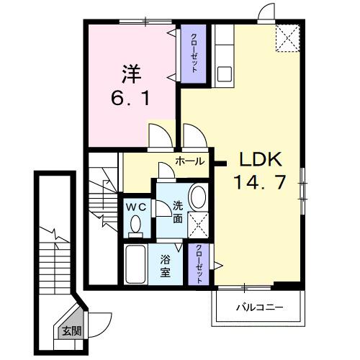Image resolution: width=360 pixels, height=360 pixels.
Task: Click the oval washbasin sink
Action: tap(198, 199)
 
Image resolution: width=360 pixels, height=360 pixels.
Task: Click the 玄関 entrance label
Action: tap(71, 332)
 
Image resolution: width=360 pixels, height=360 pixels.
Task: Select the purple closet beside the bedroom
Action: tap(193, 54)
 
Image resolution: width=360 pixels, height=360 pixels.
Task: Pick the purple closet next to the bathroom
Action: tap(199, 264)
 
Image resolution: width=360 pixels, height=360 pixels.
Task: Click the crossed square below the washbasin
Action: tap(198, 226)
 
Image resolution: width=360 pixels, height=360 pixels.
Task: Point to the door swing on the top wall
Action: tap(267, 12)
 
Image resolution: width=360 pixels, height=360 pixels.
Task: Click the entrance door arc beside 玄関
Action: tap(99, 320)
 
